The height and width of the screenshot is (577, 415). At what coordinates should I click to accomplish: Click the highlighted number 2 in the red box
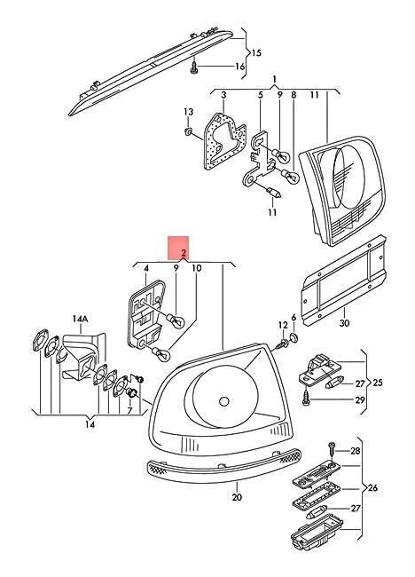coord(177,253)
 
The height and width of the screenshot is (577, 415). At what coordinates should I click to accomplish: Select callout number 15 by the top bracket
coord(256,52)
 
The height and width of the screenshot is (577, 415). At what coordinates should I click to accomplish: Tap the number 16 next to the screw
coord(239,67)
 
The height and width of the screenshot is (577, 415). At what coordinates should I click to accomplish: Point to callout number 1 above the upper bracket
coord(275,79)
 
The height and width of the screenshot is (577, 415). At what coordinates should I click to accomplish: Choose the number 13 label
coord(187,111)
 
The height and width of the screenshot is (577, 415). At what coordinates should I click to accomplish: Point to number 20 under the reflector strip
coord(237,497)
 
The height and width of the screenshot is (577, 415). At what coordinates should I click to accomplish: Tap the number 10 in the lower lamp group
coord(196,266)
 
